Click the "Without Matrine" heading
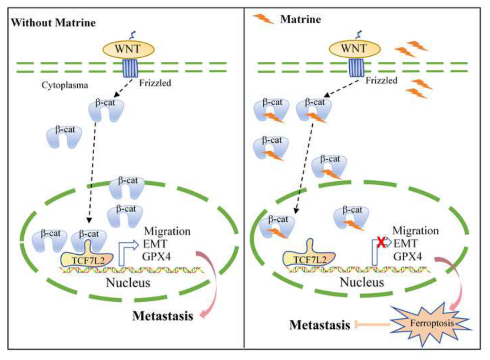coord(53,23)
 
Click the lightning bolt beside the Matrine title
coord(264,19)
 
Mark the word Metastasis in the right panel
coord(320,324)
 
